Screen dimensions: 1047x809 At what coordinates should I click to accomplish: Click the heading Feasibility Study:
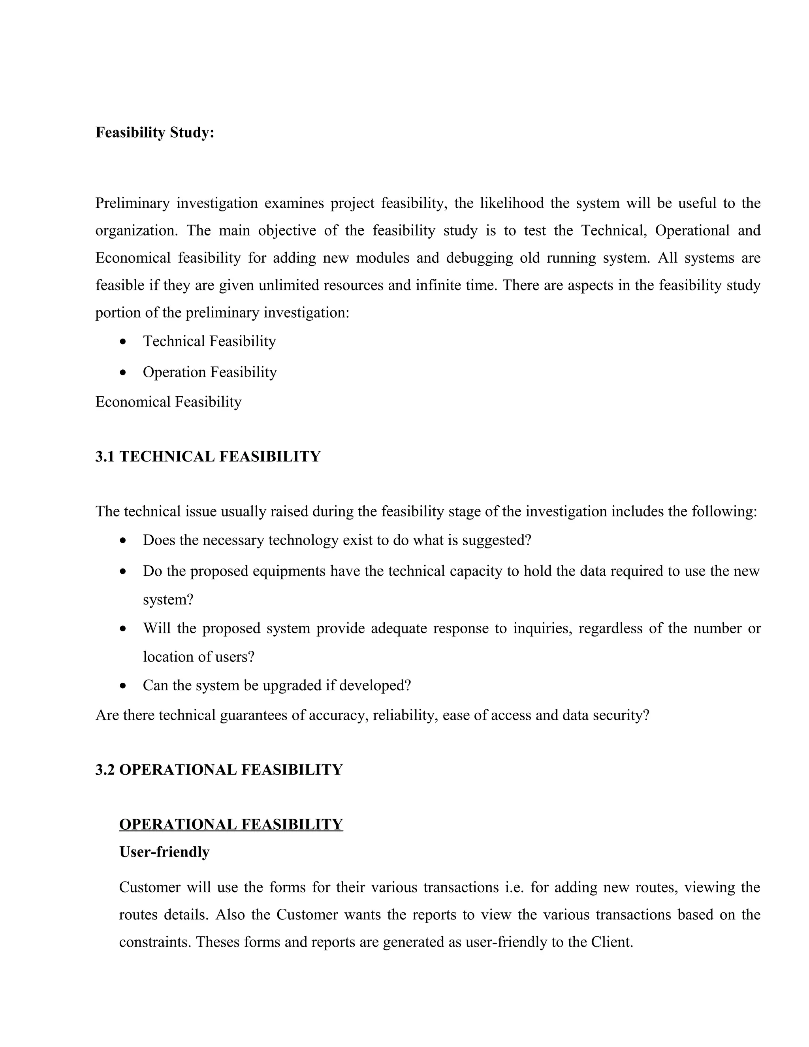tap(155, 133)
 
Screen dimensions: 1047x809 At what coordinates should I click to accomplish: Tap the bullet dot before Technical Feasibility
tap(124, 342)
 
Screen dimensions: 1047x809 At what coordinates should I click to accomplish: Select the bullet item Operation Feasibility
tap(209, 373)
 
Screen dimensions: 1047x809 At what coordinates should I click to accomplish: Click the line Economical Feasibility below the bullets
tap(168, 402)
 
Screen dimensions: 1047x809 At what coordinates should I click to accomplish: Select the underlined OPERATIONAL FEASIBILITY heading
tap(231, 825)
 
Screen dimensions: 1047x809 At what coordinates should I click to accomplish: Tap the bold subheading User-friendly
tap(164, 852)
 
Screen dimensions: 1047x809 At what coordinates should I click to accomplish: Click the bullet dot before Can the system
tap(124, 686)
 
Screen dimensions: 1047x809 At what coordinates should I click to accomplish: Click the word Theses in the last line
tap(218, 942)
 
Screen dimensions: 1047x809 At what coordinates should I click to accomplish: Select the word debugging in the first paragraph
tap(479, 258)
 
